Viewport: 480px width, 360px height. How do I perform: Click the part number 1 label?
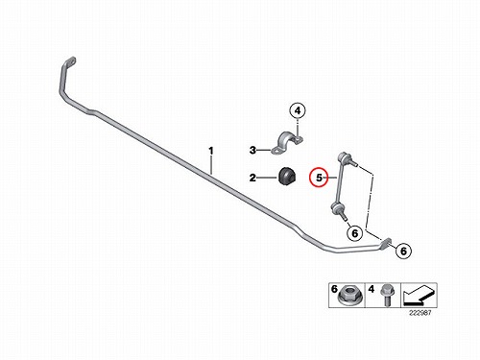211,151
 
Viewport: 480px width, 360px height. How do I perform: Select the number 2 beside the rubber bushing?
252,178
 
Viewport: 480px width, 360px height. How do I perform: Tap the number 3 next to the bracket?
252,150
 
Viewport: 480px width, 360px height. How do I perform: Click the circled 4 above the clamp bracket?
298,110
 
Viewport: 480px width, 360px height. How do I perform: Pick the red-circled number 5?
319,178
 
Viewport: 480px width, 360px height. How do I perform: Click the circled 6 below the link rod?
355,233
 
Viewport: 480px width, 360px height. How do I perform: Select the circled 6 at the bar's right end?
403,251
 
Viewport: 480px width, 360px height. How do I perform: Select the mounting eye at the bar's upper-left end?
71,61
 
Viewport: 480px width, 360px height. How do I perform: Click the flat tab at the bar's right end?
386,243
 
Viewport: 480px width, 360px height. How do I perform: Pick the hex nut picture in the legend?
349,297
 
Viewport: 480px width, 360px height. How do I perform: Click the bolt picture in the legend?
386,295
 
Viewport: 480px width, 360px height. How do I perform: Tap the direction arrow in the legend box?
419,295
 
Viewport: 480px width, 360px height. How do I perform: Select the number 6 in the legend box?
334,289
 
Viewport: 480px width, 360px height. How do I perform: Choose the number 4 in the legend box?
372,289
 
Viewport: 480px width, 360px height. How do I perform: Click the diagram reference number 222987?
420,313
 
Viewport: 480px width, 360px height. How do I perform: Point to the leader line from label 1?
211,164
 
